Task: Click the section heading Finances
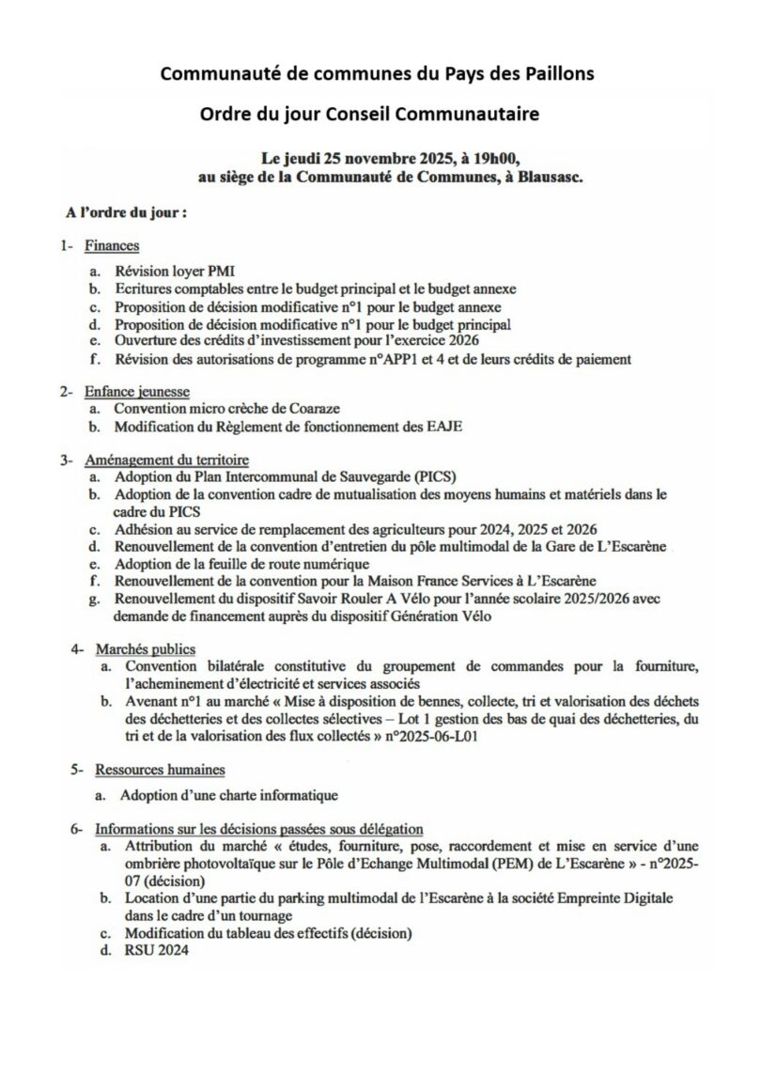(112, 246)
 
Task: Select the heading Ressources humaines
(159, 770)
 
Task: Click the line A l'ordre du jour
(121, 212)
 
